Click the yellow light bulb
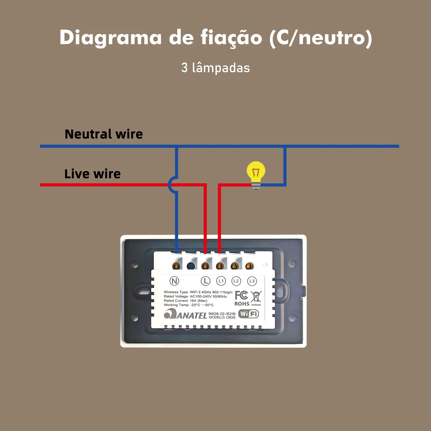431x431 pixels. tap(256, 172)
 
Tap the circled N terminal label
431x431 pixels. tap(174, 281)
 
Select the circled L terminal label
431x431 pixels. tap(206, 281)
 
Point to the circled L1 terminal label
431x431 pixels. tap(221, 281)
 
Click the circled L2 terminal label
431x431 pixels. tap(236, 281)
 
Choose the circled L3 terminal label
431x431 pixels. tap(252, 281)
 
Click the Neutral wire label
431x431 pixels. tap(104, 134)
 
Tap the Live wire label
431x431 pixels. tap(92, 174)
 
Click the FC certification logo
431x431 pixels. tap(241, 295)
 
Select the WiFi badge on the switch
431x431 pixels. tap(248, 314)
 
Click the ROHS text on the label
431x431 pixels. tap(242, 304)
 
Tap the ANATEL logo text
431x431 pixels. tap(186, 315)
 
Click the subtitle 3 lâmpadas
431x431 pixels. tap(215, 68)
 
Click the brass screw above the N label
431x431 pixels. tap(176, 266)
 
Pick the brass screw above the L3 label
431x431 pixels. tap(249, 266)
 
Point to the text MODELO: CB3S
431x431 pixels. tap(222, 317)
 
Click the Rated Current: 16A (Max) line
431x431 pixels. tap(185, 301)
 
